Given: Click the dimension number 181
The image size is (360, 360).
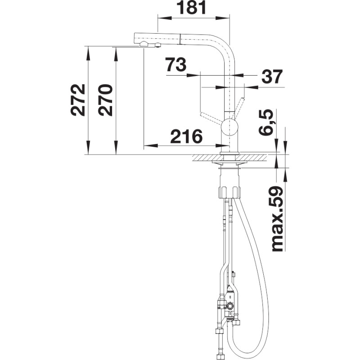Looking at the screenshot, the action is [193, 8].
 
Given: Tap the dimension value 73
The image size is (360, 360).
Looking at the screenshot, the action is [176, 64].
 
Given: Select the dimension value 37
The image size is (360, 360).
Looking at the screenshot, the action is [272, 77].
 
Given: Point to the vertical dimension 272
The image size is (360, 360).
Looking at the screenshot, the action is [78, 99].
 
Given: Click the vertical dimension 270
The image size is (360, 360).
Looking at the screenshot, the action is [105, 100].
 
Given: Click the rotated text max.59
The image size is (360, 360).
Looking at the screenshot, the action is [277, 219].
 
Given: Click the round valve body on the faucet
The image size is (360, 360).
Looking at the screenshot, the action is [229, 127].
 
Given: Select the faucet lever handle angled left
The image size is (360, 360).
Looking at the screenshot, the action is [212, 117].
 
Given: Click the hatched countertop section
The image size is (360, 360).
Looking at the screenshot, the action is [230, 158].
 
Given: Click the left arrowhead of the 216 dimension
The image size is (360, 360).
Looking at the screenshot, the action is [151, 145].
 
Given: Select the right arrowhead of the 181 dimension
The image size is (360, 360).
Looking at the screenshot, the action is [222, 18].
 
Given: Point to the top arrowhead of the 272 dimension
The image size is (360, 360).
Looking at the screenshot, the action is [87, 53].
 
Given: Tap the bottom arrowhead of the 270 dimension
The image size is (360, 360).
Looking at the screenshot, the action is [116, 148].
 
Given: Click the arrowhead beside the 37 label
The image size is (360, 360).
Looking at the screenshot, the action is [252, 87].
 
